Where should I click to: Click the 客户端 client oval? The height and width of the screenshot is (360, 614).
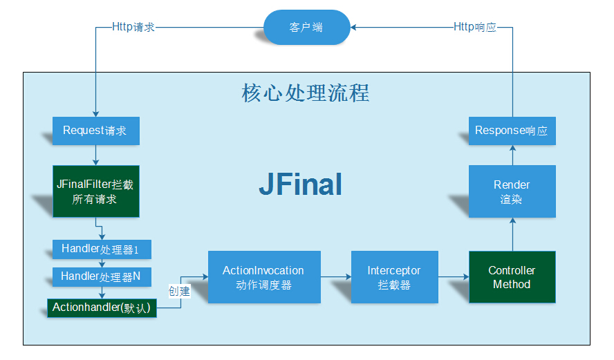pyautogui.click(x=306, y=28)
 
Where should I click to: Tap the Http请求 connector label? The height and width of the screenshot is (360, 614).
pyautogui.click(x=133, y=27)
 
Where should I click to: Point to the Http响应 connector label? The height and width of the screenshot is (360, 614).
pyautogui.click(x=475, y=27)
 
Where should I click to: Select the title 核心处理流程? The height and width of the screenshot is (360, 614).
pyautogui.click(x=306, y=93)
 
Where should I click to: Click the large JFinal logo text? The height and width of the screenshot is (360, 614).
pyautogui.click(x=300, y=184)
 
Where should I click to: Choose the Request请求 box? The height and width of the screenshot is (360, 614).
pyautogui.click(x=96, y=131)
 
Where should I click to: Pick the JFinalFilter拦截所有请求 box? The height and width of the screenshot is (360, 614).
pyautogui.click(x=96, y=191)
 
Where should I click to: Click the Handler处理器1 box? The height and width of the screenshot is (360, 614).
pyautogui.click(x=102, y=249)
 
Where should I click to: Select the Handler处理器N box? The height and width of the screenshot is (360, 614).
pyautogui.click(x=102, y=277)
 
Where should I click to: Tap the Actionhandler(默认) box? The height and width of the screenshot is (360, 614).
pyautogui.click(x=102, y=308)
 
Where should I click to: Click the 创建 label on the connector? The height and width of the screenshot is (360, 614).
pyautogui.click(x=179, y=291)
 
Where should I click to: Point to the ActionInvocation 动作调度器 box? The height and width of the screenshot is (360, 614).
pyautogui.click(x=264, y=277)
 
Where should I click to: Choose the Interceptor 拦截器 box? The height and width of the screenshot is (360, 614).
pyautogui.click(x=395, y=277)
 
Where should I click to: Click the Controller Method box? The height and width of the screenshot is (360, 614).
pyautogui.click(x=512, y=277)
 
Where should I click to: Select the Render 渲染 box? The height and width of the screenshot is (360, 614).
pyautogui.click(x=512, y=191)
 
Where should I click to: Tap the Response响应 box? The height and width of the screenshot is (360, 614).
pyautogui.click(x=512, y=131)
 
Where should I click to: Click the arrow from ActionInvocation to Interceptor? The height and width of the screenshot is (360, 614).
pyautogui.click(x=336, y=276)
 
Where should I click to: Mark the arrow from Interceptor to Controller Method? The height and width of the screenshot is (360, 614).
pyautogui.click(x=454, y=276)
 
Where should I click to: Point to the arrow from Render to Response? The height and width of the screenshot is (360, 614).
pyautogui.click(x=512, y=155)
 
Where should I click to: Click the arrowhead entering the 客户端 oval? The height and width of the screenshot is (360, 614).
pyautogui.click(x=353, y=28)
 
